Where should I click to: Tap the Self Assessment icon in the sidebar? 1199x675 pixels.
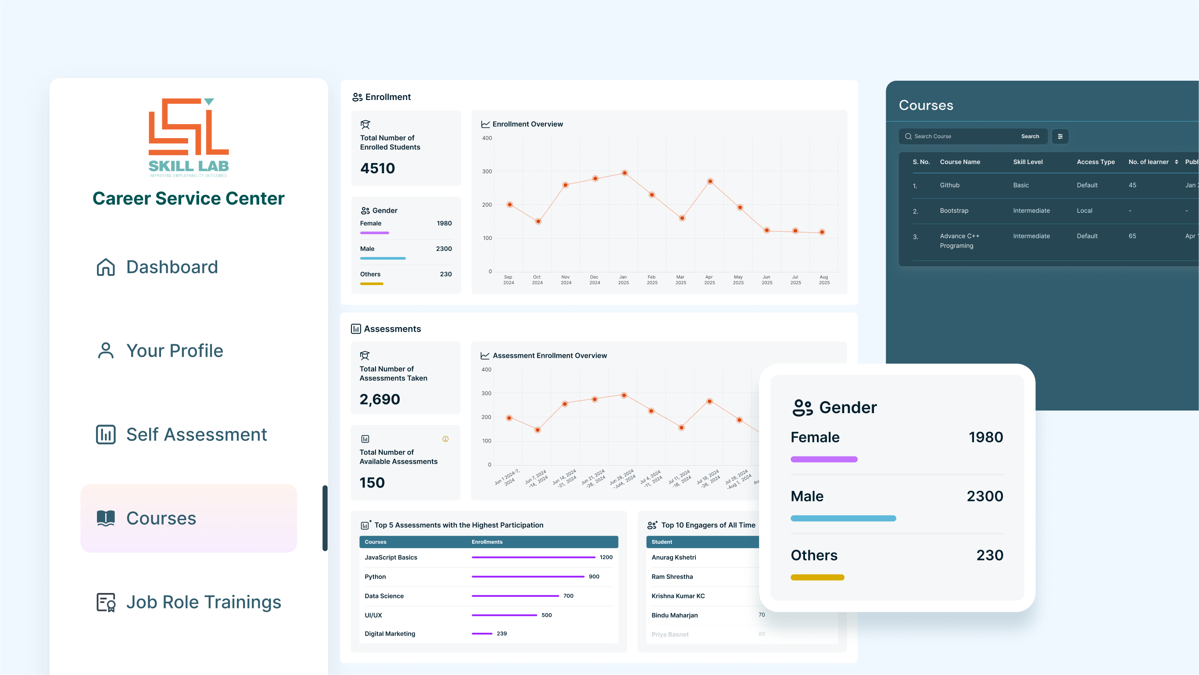click(x=106, y=435)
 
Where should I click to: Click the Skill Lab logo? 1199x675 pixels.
click(x=189, y=137)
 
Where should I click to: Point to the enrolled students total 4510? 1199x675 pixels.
click(x=377, y=168)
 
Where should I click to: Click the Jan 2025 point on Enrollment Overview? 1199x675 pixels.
click(x=625, y=173)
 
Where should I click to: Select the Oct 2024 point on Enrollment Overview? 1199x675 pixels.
click(x=538, y=221)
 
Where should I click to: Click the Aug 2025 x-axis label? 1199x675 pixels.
click(x=824, y=279)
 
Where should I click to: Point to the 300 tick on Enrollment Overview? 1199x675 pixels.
click(x=487, y=171)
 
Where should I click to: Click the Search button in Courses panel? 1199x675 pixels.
click(x=1030, y=136)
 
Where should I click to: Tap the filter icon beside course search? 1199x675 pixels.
click(x=1060, y=136)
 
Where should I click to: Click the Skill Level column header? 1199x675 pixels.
click(x=1028, y=162)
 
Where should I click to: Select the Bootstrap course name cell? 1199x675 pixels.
click(x=954, y=211)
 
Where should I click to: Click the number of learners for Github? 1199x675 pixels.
click(x=1132, y=185)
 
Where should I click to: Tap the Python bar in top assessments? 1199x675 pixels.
click(x=528, y=576)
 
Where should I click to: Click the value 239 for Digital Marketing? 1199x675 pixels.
click(x=501, y=634)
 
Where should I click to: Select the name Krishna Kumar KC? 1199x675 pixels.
click(x=678, y=596)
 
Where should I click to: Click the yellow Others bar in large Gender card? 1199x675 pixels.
click(x=817, y=577)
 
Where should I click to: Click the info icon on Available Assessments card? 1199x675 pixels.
click(x=445, y=439)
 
